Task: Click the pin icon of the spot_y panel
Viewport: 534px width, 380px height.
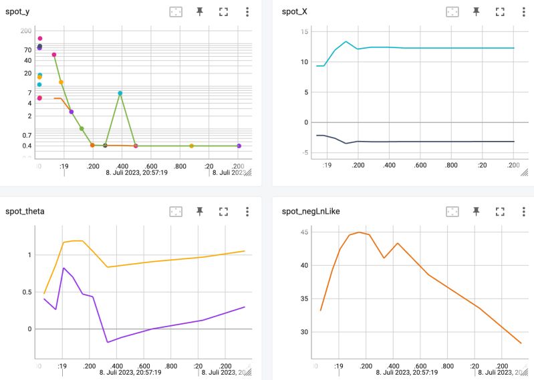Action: pos(199,11)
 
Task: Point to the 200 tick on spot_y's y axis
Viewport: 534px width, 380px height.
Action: pos(27,31)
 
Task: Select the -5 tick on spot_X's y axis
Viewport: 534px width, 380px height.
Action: pos(304,153)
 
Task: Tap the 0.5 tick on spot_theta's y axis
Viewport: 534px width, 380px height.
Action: pos(27,292)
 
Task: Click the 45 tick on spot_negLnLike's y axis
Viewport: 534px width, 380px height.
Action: pos(304,232)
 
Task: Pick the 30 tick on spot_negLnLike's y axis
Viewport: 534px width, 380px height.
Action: pos(304,332)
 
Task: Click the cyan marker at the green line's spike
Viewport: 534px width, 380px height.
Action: pos(120,93)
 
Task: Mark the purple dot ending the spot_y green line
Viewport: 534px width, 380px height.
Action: pos(239,146)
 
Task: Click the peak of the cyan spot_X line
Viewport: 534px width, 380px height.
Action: pos(346,41)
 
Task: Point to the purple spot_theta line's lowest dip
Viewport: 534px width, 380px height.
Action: pos(108,343)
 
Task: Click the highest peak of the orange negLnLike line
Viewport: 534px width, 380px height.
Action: pos(359,232)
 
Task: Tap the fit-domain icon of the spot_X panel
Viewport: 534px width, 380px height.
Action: pos(452,11)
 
